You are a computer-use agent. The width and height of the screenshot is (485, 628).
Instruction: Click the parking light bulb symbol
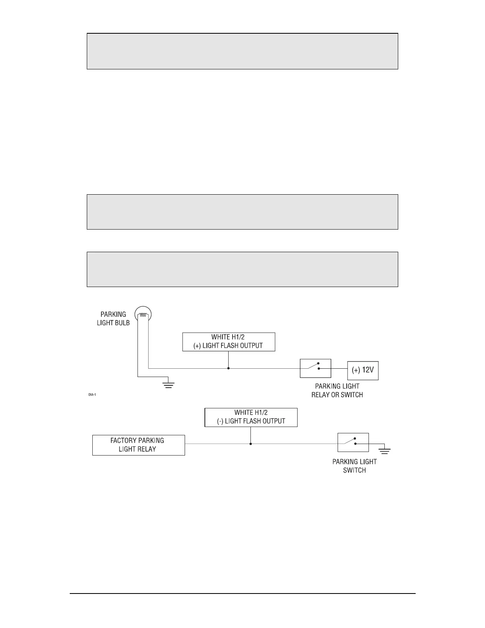click(x=143, y=315)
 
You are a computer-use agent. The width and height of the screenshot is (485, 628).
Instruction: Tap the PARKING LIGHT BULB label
click(x=113, y=318)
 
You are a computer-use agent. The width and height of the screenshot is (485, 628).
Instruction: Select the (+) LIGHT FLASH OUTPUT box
click(x=229, y=342)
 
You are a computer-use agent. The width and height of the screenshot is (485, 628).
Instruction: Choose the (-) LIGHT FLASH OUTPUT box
click(x=251, y=417)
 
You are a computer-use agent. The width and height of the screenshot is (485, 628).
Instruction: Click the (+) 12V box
click(x=363, y=371)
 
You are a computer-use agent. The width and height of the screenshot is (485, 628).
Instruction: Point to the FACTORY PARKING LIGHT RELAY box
click(x=138, y=445)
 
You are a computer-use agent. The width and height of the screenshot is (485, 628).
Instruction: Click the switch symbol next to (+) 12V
click(x=315, y=368)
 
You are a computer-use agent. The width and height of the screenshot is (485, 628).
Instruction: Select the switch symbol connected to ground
click(x=353, y=442)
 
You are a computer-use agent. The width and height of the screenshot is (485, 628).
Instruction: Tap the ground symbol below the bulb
click(x=169, y=384)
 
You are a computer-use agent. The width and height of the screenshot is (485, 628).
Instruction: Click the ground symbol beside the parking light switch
click(x=384, y=450)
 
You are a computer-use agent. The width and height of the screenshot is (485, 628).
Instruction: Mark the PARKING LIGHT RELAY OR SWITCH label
click(x=337, y=391)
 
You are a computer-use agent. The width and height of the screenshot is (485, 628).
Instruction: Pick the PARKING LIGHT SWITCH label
click(x=354, y=466)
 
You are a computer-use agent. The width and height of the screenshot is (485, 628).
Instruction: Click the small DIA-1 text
click(x=92, y=394)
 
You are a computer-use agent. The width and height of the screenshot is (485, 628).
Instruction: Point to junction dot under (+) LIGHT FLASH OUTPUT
click(x=229, y=368)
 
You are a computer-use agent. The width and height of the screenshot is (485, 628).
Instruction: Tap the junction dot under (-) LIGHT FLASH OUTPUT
click(x=251, y=444)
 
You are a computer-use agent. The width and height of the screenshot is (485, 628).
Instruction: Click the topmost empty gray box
click(x=242, y=51)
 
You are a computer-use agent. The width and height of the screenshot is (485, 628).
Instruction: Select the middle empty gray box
click(x=242, y=212)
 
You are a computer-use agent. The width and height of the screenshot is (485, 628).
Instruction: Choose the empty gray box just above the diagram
click(x=242, y=269)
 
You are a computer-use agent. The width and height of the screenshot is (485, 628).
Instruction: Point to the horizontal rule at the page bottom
click(x=242, y=594)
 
